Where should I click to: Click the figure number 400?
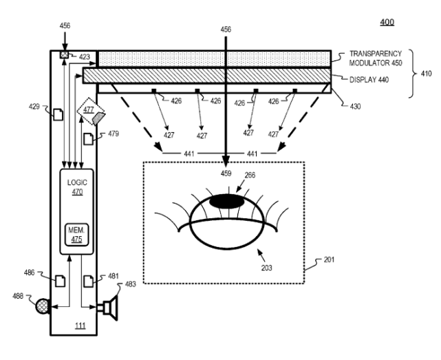point(387,22)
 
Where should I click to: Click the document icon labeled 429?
point(58,113)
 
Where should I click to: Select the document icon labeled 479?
point(87,138)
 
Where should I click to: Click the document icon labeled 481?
point(88,280)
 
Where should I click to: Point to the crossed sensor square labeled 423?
point(63,54)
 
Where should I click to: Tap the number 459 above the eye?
point(225,173)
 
